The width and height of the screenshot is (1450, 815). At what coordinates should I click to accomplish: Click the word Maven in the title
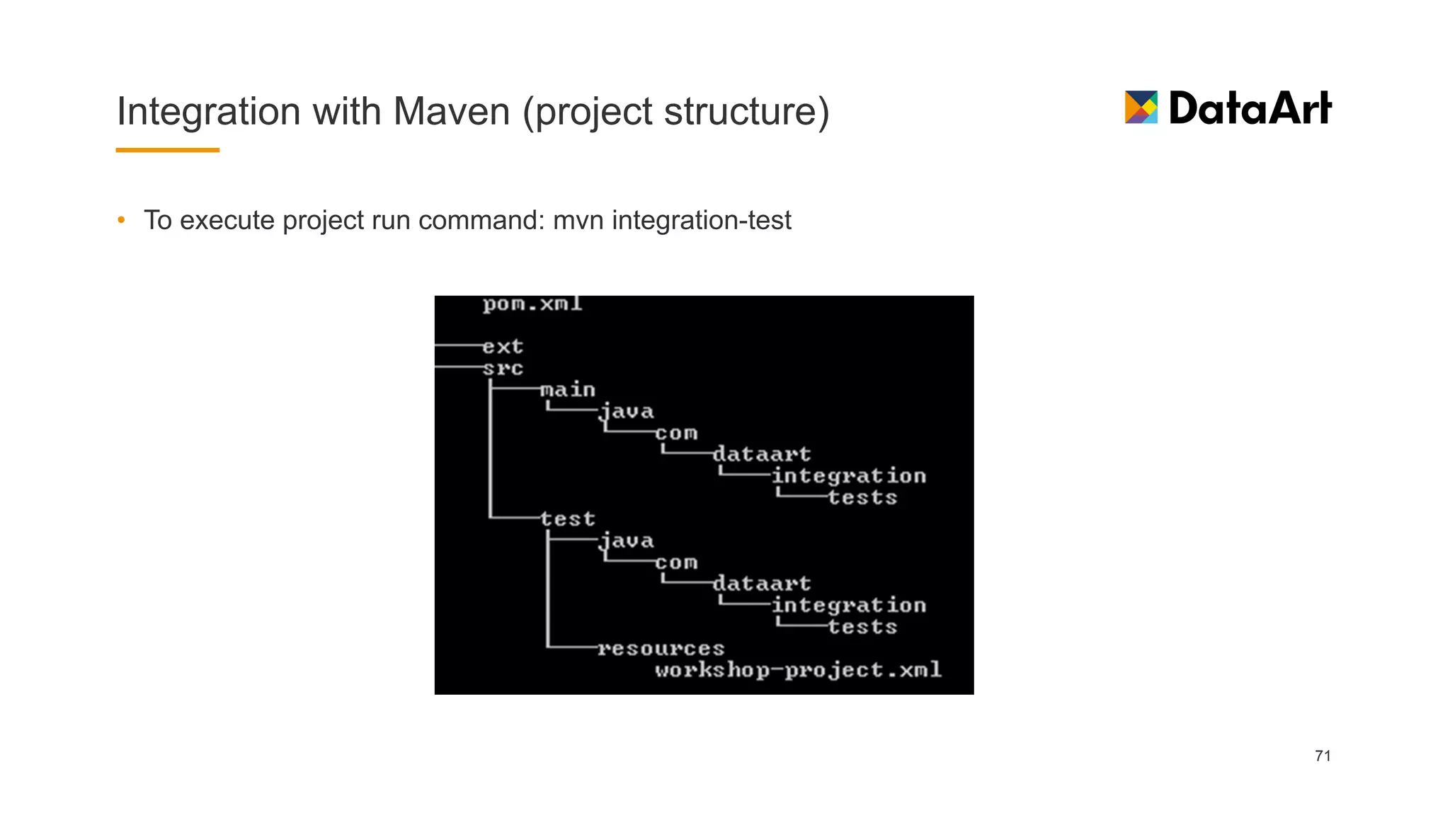point(451,112)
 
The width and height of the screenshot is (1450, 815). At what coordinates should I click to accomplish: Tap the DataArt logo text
point(1250,108)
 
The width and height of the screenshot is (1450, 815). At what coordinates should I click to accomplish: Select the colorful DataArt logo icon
point(1141,108)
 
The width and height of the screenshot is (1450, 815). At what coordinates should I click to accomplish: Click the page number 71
point(1323,756)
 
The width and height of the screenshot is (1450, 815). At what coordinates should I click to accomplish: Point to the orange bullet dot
point(122,220)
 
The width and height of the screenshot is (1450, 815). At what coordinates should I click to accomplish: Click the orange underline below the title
point(167,150)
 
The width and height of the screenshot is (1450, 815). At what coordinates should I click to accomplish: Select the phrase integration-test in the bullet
point(701,220)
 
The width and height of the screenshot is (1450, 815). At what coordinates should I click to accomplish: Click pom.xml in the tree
point(532,304)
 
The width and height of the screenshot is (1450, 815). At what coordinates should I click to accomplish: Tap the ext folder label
point(503,347)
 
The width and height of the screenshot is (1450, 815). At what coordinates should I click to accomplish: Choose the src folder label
point(503,369)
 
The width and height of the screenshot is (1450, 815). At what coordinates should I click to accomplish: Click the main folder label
point(568,390)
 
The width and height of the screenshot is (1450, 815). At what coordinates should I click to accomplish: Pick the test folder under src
point(568,519)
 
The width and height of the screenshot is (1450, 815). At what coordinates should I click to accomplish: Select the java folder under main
point(627,412)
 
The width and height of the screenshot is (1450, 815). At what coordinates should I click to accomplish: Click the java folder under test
point(627,541)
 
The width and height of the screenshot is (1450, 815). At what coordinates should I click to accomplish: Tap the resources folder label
point(661,649)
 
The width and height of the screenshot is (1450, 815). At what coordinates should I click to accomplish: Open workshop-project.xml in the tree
point(798,670)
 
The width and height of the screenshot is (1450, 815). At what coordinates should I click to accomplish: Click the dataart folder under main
point(762,454)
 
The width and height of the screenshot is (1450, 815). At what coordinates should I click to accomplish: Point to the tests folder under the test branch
point(862,627)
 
